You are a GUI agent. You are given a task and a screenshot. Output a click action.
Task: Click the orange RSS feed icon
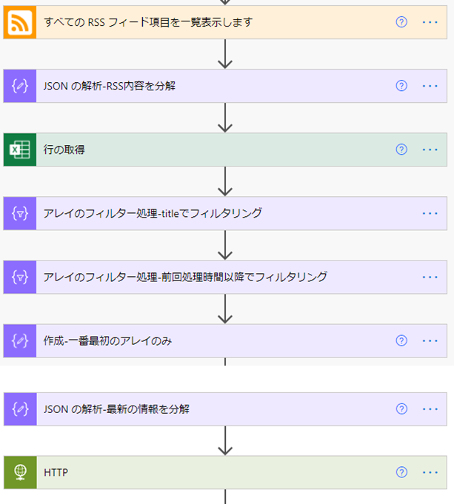[19, 22]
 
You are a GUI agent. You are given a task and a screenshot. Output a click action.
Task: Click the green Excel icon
[19, 149]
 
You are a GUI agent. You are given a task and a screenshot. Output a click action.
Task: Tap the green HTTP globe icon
[19, 472]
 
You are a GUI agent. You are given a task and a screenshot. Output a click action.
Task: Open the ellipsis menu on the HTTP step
[430, 472]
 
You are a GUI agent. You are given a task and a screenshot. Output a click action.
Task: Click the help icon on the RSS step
[401, 22]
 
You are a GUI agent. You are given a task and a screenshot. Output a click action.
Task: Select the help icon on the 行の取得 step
[401, 149]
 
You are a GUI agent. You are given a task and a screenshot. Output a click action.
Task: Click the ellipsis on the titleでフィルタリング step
[430, 213]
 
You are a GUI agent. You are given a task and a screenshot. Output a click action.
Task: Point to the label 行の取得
[64, 149]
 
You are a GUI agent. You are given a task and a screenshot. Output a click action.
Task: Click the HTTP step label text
[56, 472]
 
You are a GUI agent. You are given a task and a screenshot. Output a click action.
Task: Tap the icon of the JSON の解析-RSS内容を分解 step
[19, 86]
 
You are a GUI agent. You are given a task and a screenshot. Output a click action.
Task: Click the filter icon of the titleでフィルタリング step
[19, 213]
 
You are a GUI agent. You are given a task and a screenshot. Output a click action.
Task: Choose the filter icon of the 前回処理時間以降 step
[19, 277]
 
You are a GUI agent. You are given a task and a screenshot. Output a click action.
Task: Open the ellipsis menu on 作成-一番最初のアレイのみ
[430, 340]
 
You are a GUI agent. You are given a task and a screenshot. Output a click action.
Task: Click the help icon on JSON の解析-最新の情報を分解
[401, 409]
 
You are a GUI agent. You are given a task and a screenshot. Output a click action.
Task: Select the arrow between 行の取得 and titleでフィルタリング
[226, 181]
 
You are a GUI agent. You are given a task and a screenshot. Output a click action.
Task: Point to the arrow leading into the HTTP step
[226, 440]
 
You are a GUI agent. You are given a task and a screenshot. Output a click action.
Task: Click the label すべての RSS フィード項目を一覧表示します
[148, 22]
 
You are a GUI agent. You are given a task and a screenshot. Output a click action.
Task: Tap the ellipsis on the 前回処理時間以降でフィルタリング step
[430, 277]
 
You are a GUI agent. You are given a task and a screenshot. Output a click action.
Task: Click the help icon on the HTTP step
[401, 472]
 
